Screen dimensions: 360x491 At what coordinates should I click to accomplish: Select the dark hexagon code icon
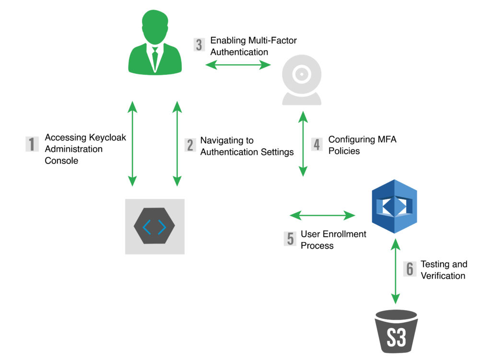click(x=155, y=226)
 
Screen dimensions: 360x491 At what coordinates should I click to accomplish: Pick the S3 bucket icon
click(x=395, y=331)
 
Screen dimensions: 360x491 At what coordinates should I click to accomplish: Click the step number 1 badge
click(x=32, y=144)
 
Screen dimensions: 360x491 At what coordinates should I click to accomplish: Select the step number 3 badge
click(x=199, y=45)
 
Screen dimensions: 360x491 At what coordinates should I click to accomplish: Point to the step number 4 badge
click(x=317, y=144)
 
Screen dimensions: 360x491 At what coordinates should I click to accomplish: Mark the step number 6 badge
click(x=409, y=269)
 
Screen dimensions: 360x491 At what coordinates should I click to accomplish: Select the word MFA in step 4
click(x=386, y=139)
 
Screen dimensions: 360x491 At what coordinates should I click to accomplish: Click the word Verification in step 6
click(x=443, y=276)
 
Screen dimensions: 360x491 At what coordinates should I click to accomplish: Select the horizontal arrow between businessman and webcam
click(x=238, y=66)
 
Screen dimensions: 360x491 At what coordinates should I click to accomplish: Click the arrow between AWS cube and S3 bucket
click(x=395, y=271)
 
